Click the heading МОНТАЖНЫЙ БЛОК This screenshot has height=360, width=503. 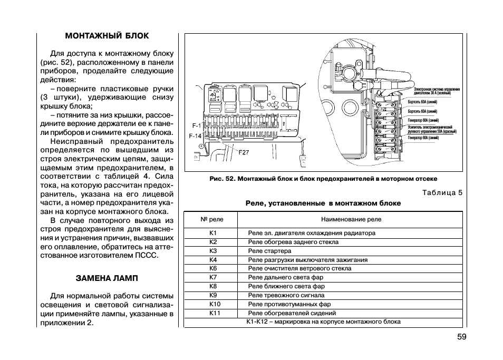point(107,36)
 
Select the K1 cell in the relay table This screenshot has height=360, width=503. point(213,233)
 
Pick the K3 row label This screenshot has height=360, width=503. point(213,251)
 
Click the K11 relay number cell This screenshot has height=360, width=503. point(215,313)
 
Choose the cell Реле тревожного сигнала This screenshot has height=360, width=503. point(286,295)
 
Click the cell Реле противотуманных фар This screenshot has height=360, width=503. point(289,304)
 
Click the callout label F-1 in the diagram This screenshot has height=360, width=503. point(196,126)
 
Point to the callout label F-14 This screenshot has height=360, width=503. point(195,136)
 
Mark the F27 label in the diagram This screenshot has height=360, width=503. point(244,152)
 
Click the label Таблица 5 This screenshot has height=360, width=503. point(442,192)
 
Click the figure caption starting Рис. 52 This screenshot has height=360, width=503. point(323,179)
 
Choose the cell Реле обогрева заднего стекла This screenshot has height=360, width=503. point(293,242)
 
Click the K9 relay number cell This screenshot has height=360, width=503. point(213,295)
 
